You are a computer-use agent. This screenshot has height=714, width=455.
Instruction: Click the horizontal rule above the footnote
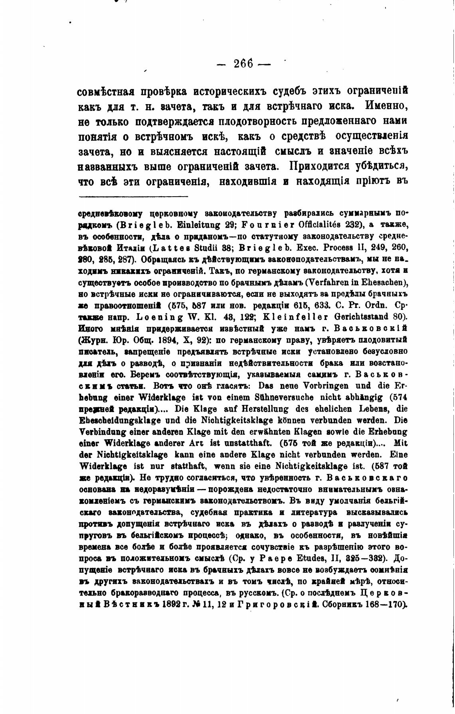[133, 196]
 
